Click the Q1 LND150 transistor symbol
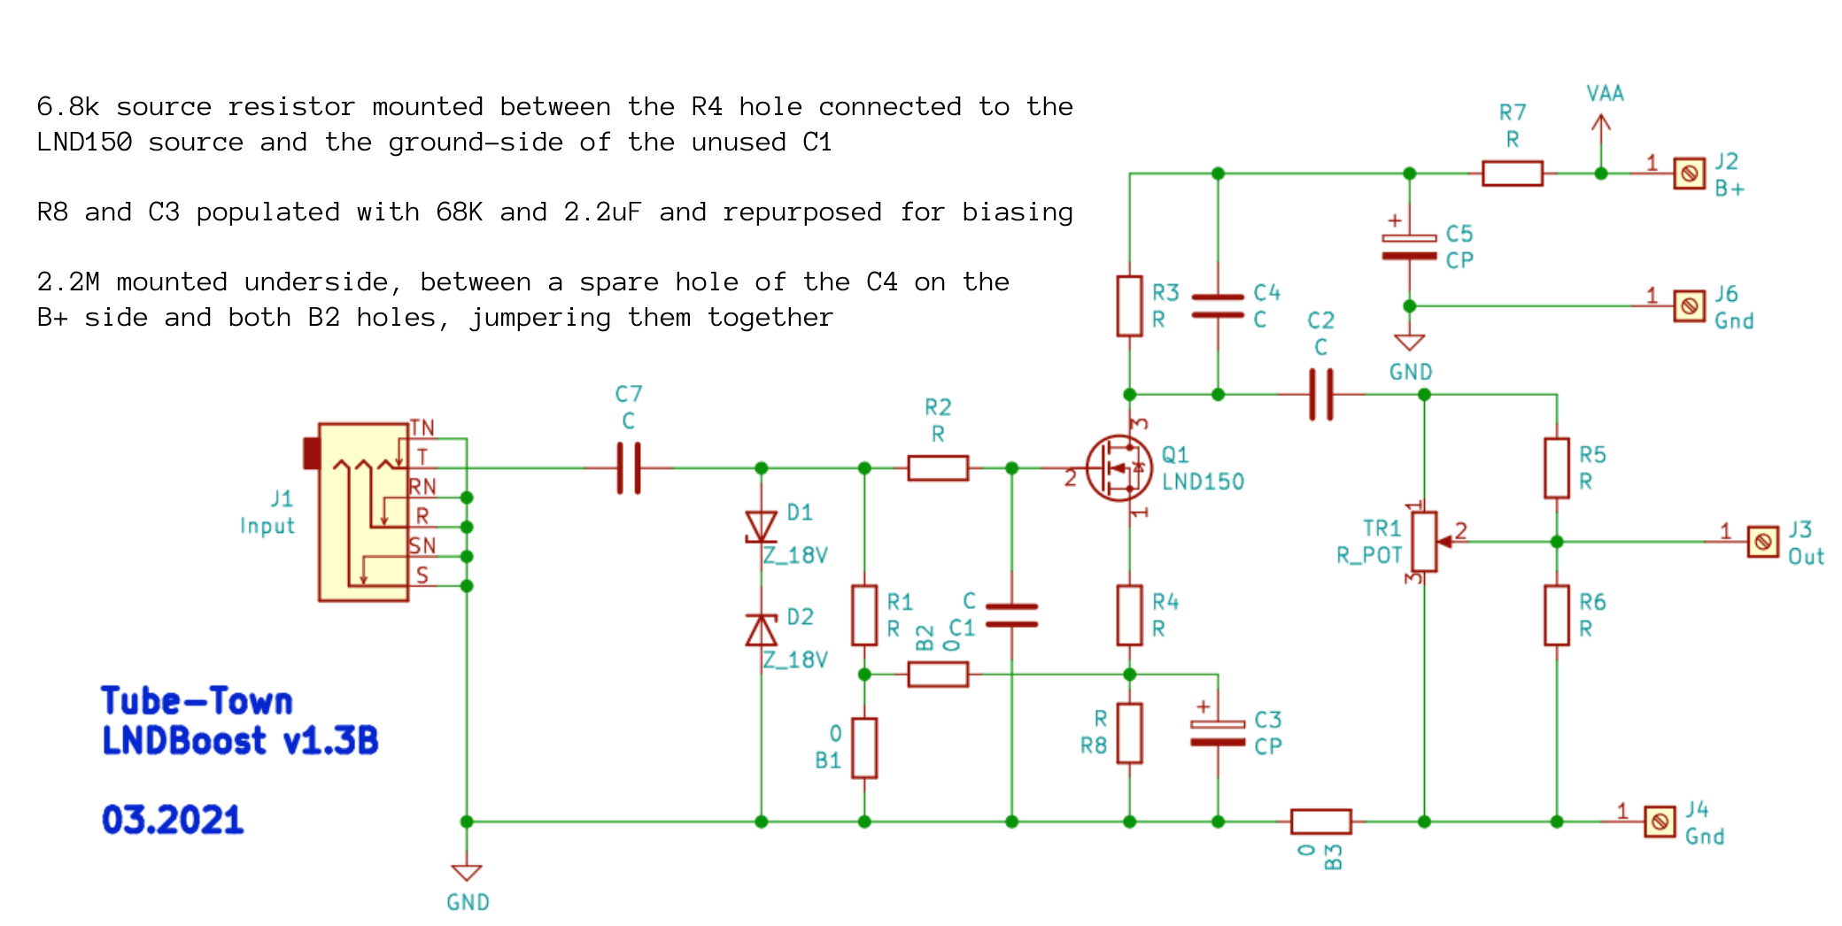pos(1119,468)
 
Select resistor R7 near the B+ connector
pos(1512,174)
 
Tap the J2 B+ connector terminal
pos(1689,174)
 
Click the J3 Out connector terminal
pos(1762,542)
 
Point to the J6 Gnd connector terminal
pos(1689,306)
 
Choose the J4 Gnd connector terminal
pos(1660,822)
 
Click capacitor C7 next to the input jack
pos(629,468)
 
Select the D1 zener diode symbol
pos(761,527)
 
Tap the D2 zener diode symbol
pos(761,629)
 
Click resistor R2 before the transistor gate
pos(938,468)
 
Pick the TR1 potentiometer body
pos(1424,542)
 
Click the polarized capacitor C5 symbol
pos(1409,247)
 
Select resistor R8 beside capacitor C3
pos(1129,733)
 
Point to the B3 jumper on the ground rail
pos(1320,822)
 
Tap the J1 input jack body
pos(363,512)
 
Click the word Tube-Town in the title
pos(197,701)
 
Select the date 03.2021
pos(173,820)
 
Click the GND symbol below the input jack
pos(467,872)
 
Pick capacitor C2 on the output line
pos(1320,395)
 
